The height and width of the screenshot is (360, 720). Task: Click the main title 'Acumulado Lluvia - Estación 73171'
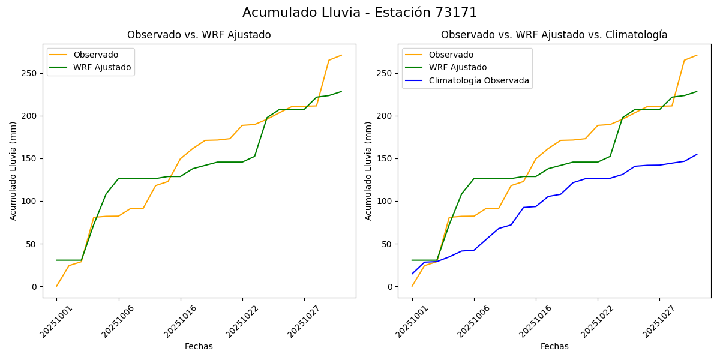point(360,13)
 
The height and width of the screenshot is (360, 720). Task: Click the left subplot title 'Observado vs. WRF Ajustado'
point(199,35)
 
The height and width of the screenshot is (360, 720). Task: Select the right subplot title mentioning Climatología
point(554,35)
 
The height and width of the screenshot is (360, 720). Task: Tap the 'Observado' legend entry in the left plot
point(95,55)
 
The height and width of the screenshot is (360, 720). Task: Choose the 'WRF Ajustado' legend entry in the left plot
point(102,67)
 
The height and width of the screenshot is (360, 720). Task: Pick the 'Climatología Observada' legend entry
point(479,80)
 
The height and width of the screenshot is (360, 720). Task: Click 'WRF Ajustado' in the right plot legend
point(458,67)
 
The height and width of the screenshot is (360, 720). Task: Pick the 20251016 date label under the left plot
point(178,322)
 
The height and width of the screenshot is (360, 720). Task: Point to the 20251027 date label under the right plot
point(657,322)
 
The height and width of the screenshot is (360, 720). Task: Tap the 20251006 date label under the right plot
point(472,322)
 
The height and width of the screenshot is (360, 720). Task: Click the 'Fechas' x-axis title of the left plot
point(199,346)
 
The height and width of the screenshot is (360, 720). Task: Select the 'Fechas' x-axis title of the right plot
point(554,346)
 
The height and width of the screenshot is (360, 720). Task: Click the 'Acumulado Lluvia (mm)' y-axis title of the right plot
point(368,170)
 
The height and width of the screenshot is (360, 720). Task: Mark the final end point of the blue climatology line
point(697,154)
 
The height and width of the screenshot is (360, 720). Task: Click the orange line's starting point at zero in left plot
point(56,286)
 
